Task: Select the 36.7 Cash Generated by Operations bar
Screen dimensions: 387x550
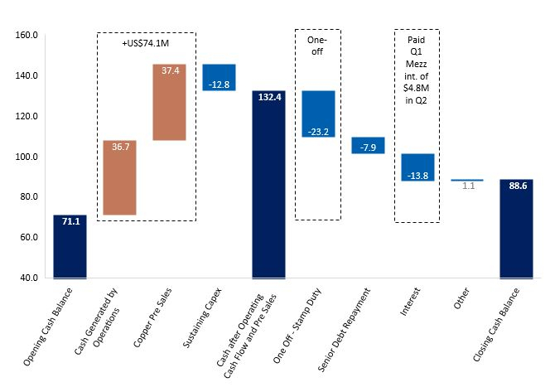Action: point(119,177)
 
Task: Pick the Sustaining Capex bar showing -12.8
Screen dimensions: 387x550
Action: point(219,77)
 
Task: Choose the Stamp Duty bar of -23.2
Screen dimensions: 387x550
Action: point(318,114)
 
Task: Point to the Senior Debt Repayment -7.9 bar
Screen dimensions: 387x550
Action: point(368,145)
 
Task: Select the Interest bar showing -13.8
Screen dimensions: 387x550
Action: point(417,167)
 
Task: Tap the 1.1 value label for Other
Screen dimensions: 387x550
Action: point(468,186)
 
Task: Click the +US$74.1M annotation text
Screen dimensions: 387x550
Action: point(147,41)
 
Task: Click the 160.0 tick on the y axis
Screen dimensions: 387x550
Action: point(28,36)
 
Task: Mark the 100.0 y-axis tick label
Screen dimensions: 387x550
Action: point(28,157)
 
